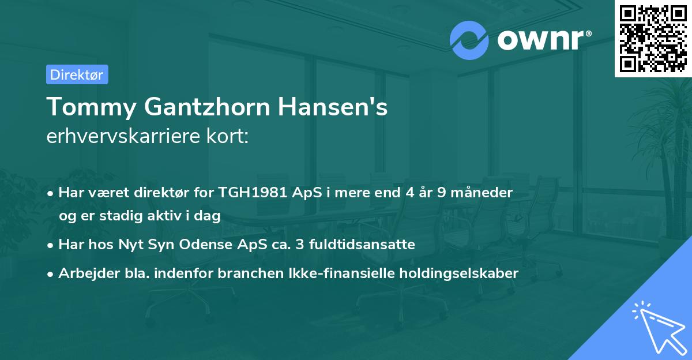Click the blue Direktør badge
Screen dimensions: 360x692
(x=76, y=74)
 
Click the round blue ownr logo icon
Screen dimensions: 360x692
(x=469, y=40)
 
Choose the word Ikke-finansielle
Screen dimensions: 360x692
(x=329, y=273)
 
